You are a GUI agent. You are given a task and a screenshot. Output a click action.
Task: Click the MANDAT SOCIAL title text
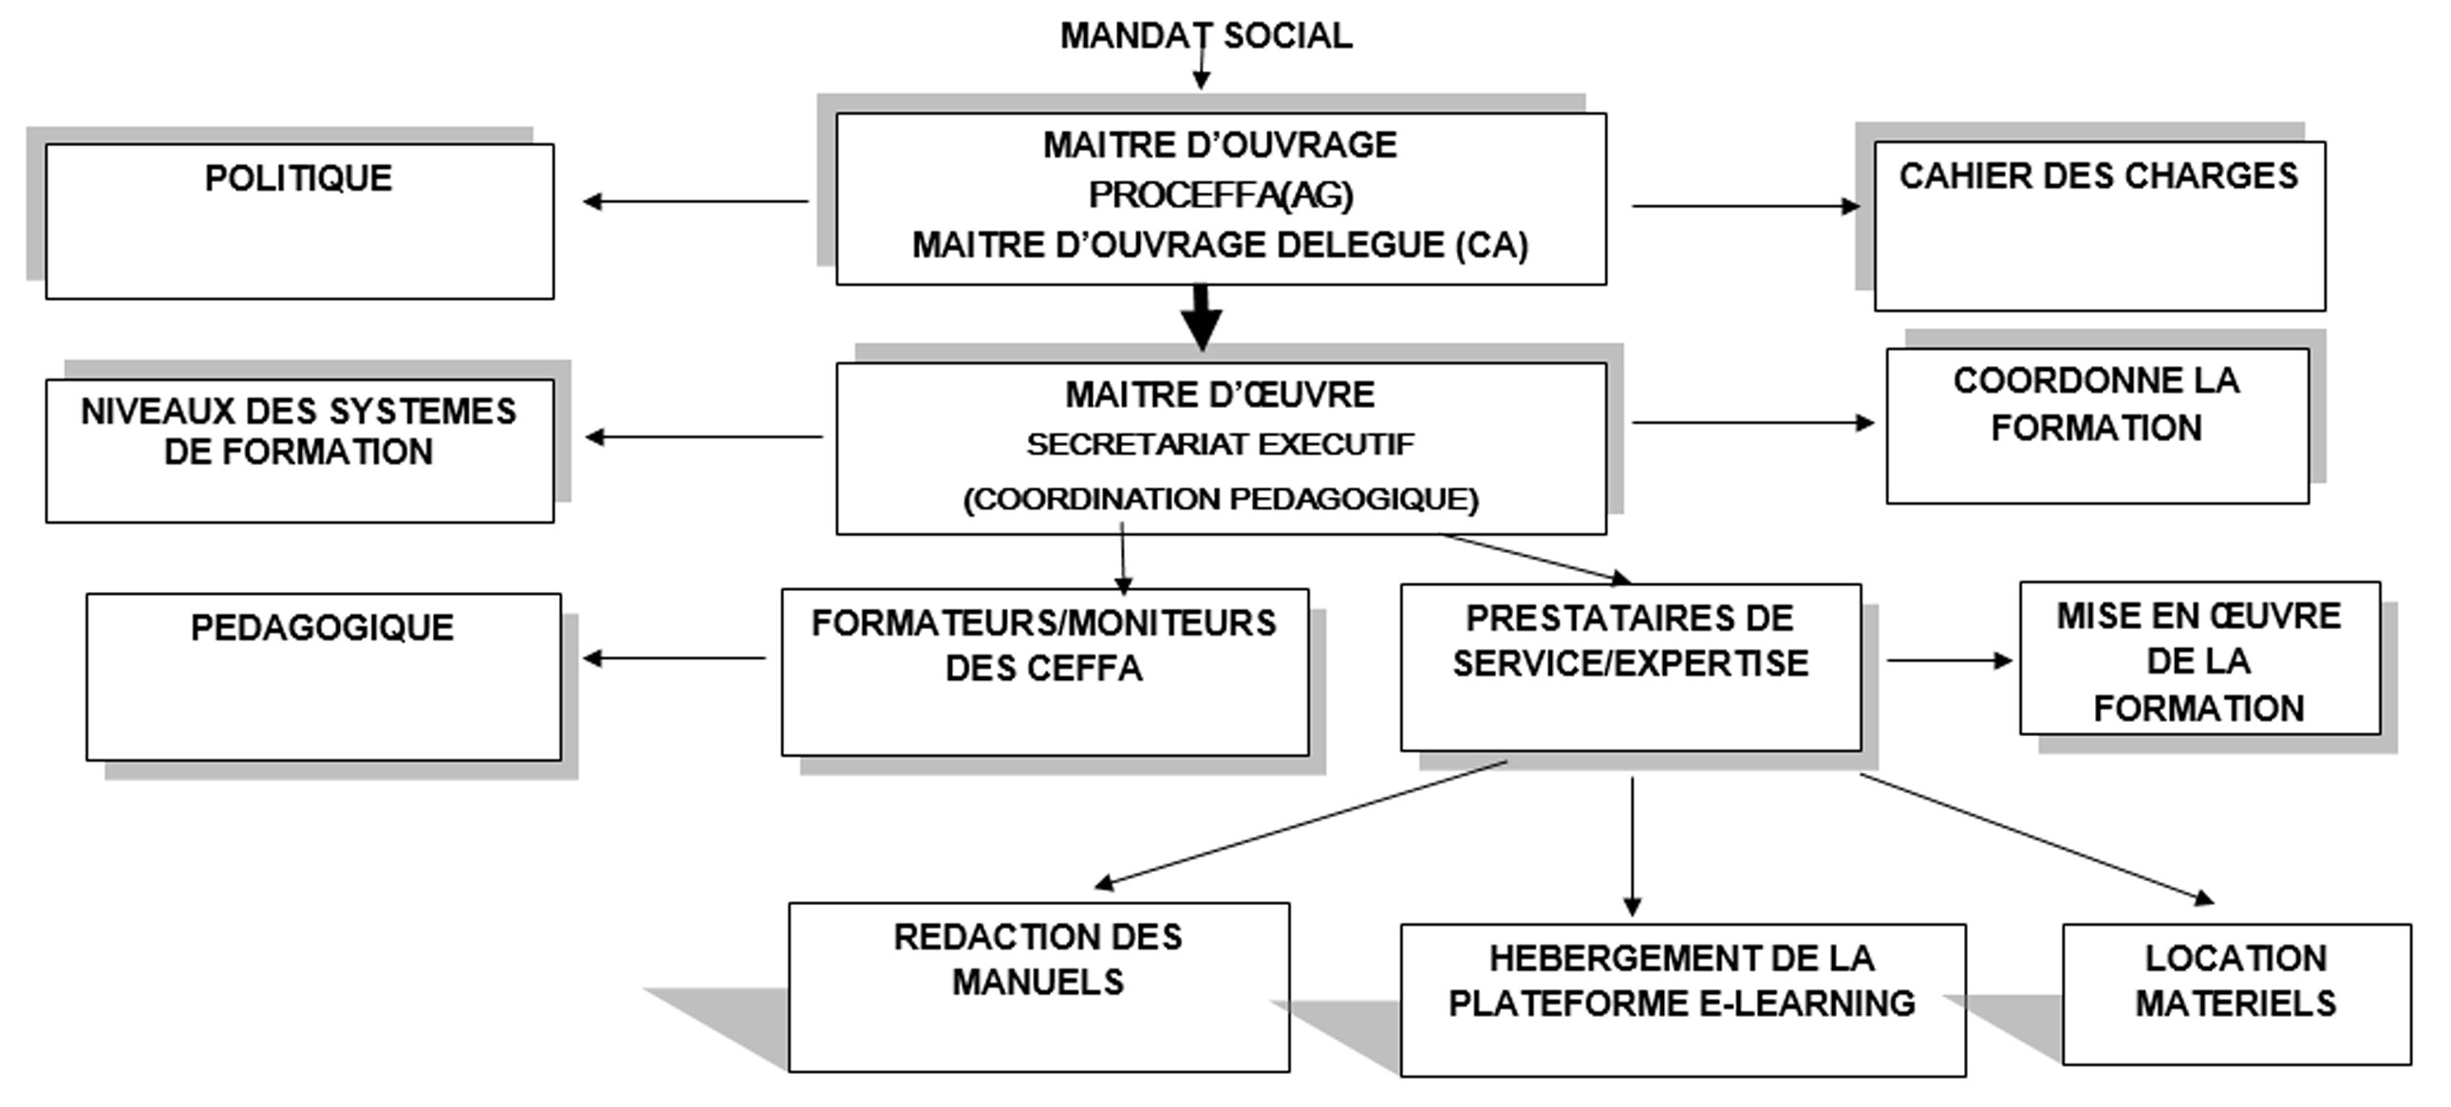tap(1206, 36)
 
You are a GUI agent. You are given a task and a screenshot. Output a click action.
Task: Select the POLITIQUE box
tap(300, 221)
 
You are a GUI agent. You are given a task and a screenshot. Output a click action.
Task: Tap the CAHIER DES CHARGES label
tap(2098, 176)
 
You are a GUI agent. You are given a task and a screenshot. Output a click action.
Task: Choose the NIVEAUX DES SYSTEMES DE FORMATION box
tap(300, 450)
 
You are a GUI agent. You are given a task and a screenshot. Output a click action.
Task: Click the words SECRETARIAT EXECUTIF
tap(1220, 444)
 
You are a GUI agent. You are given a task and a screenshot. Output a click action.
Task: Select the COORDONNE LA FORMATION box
tap(2097, 425)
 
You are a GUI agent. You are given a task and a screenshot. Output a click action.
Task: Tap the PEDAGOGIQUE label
tap(323, 628)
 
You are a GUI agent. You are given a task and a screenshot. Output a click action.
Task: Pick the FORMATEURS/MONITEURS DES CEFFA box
tap(1045, 672)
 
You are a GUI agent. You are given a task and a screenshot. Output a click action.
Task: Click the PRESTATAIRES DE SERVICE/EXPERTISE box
tap(1630, 667)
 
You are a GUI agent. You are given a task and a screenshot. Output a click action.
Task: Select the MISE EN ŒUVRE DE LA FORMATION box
tap(2198, 658)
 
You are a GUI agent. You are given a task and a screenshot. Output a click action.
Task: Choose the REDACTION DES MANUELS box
tap(1039, 987)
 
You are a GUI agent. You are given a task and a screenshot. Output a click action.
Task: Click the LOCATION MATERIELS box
tap(2236, 993)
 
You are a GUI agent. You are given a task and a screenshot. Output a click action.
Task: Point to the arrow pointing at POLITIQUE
tap(696, 202)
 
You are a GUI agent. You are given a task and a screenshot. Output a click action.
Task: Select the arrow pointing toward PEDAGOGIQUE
tap(675, 658)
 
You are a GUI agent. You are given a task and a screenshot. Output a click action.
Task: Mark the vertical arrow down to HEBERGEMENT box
tap(1632, 845)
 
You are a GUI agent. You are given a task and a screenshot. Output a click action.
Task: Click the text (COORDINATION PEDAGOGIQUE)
tap(1221, 499)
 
